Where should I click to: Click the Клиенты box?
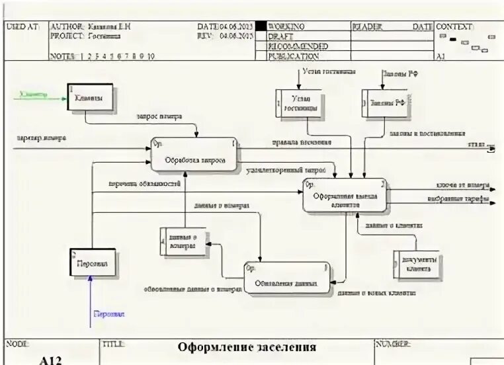(x=90, y=98)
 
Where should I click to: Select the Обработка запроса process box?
(x=194, y=155)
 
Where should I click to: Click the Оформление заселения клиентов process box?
(x=345, y=196)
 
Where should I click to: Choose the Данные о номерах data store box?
(x=183, y=242)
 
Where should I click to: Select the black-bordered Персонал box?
(x=93, y=263)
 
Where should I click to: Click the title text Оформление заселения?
(x=247, y=346)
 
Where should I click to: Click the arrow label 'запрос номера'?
(x=159, y=116)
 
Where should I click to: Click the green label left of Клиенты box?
(x=34, y=95)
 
